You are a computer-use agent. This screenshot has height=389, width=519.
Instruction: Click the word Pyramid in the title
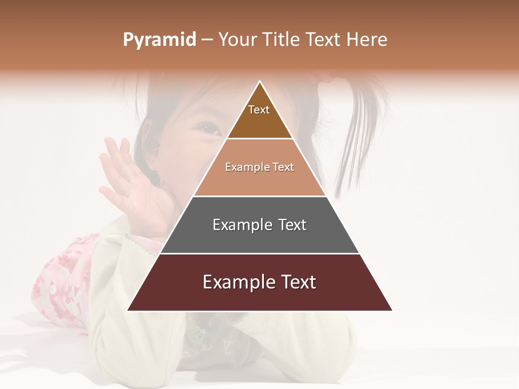159,40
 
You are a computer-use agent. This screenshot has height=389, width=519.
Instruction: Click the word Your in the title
236,40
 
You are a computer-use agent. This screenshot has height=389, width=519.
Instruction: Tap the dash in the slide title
208,40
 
